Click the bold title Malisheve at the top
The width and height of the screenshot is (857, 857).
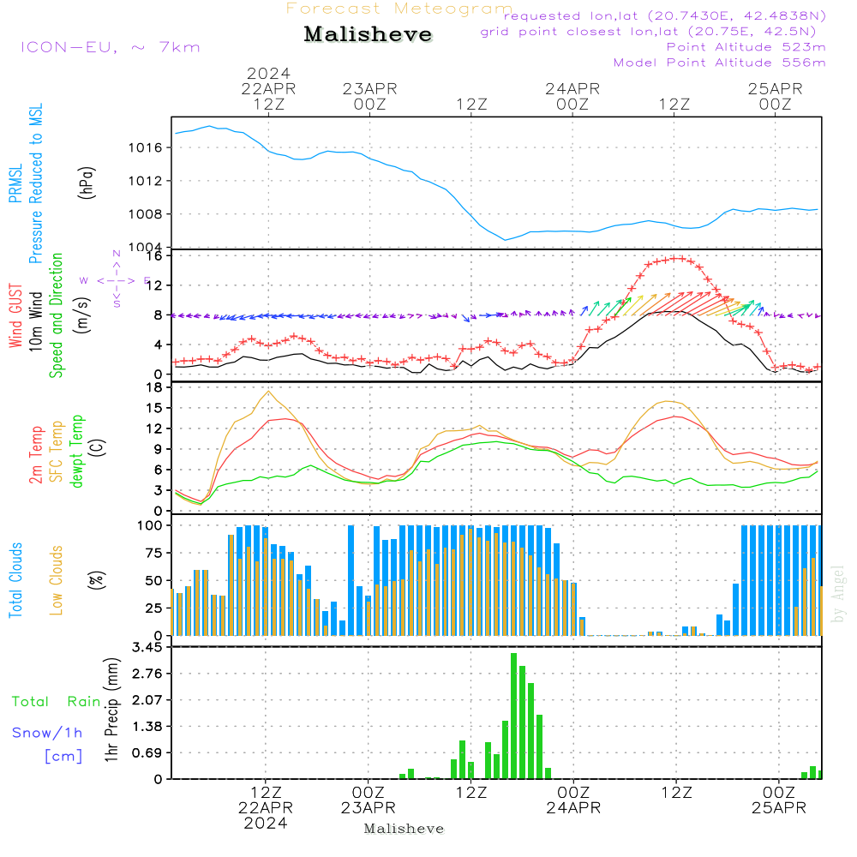click(369, 35)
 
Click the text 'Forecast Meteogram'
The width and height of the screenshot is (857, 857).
click(399, 9)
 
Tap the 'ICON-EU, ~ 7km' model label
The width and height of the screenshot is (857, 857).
click(110, 47)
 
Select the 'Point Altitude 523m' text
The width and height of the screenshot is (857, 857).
click(746, 47)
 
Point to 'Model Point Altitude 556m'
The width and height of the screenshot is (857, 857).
click(720, 63)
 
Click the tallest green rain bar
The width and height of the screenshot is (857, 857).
click(513, 716)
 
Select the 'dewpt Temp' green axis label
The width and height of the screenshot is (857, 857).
click(77, 452)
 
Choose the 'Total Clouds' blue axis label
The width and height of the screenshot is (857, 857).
click(15, 579)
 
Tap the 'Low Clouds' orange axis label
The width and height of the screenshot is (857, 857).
click(57, 580)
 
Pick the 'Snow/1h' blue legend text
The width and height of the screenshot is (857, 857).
click(47, 734)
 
